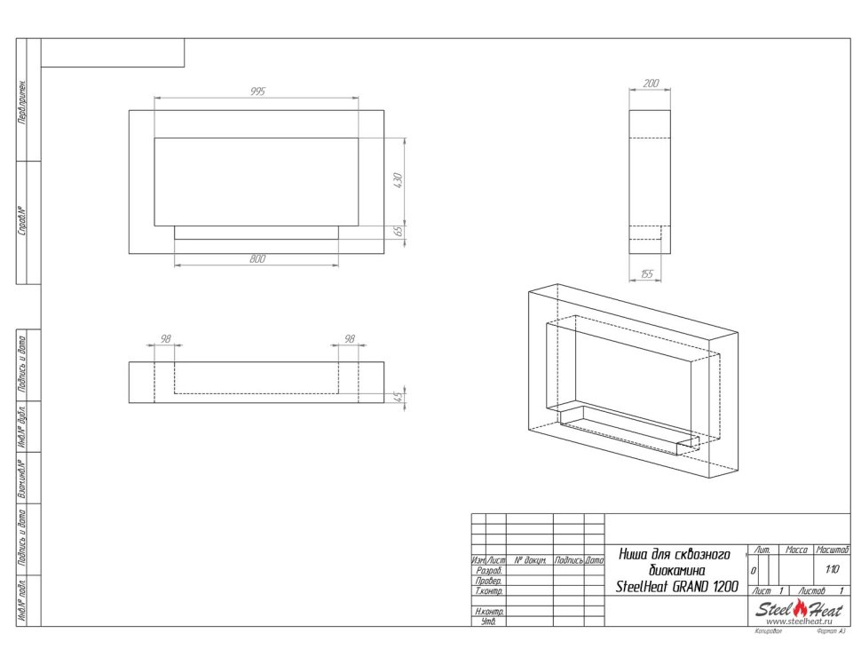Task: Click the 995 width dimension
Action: [257, 91]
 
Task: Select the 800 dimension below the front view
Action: [257, 259]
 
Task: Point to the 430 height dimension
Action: [399, 180]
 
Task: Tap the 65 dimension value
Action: [399, 231]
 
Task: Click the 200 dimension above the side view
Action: [650, 83]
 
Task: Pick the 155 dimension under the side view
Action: [645, 274]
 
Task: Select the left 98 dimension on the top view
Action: [164, 339]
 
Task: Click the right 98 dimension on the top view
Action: [349, 339]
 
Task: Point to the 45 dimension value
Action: [399, 396]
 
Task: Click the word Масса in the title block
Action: [797, 551]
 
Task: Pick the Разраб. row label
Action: [489, 571]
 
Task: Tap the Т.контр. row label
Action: [489, 590]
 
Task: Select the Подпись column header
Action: [568, 561]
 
